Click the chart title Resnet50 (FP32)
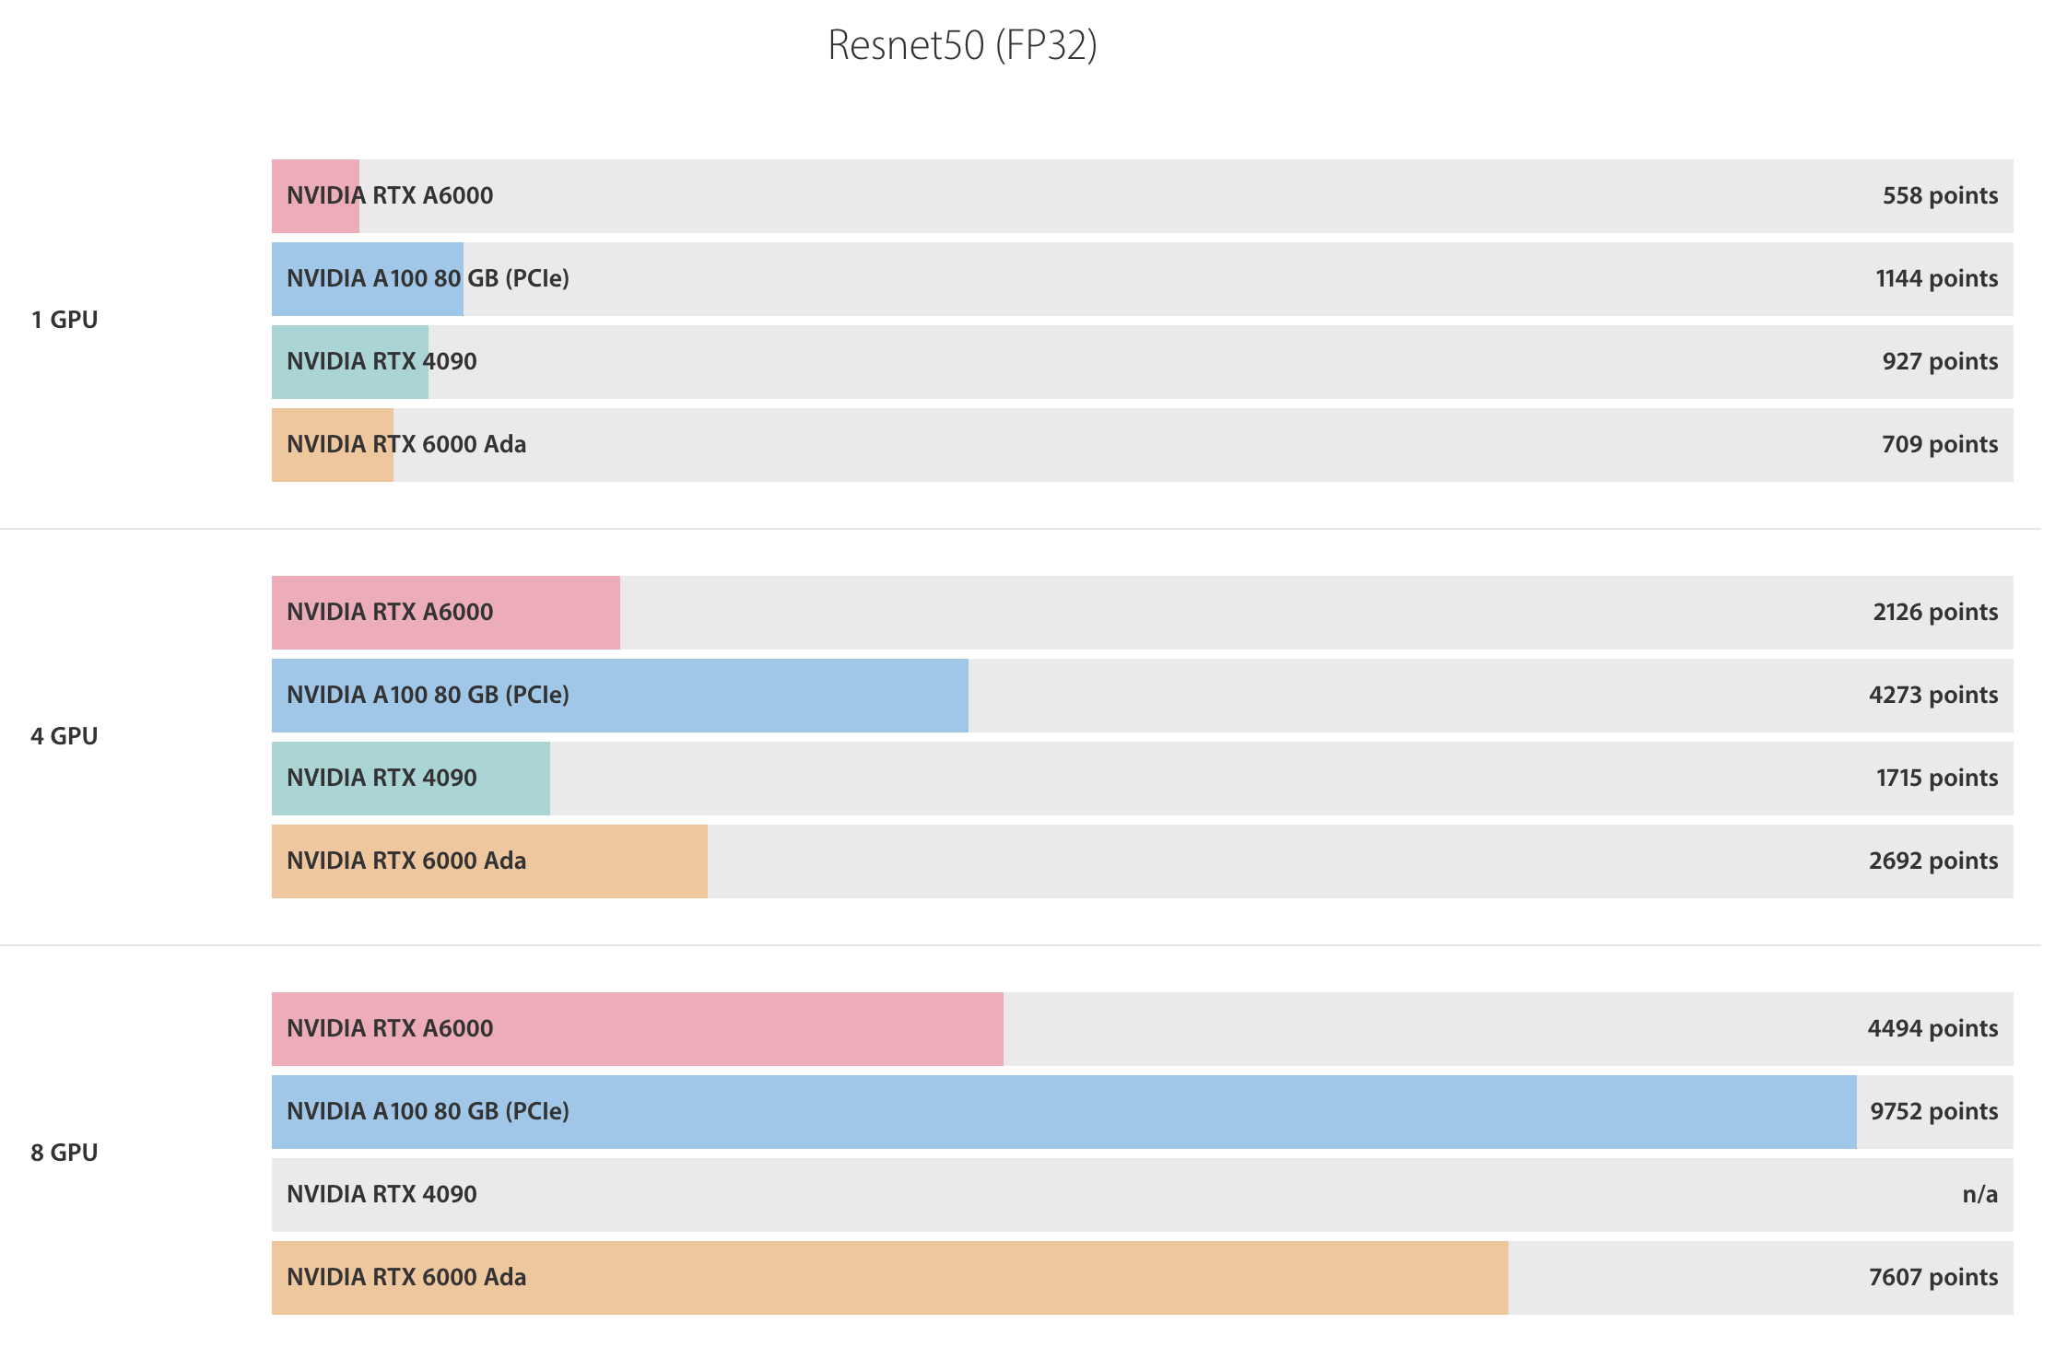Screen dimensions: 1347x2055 (962, 45)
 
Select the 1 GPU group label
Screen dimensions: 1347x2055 (65, 320)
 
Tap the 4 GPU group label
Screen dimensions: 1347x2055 (65, 736)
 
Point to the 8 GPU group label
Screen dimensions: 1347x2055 (65, 1153)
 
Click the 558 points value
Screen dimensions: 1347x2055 (1940, 195)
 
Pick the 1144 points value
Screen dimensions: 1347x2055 (1936, 278)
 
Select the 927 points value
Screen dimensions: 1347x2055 (1940, 361)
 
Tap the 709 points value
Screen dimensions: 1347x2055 (1940, 444)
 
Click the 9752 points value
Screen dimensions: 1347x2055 (1933, 1111)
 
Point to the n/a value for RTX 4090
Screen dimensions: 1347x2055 (1979, 1194)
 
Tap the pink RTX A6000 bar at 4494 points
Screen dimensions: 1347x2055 (737, 1028)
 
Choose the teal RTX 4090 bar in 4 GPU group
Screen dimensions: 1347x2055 (516, 778)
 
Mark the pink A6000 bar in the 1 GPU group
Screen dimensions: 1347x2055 (315, 195)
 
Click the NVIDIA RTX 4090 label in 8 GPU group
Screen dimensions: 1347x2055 (382, 1194)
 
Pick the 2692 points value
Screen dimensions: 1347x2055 (1933, 861)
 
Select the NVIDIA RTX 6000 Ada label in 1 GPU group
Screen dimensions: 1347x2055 (406, 444)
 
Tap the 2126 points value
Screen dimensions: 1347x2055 (1935, 612)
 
